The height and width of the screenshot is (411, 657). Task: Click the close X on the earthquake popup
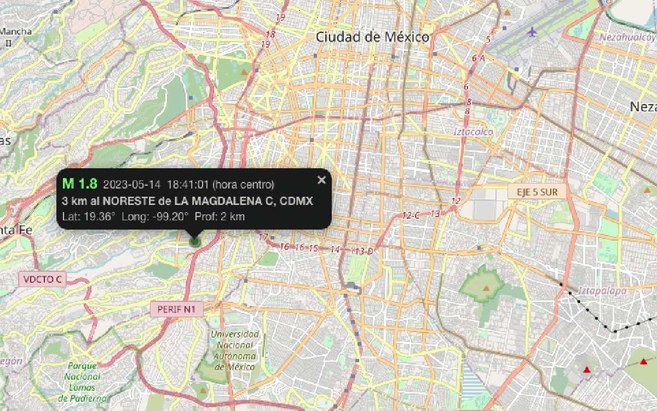(321, 180)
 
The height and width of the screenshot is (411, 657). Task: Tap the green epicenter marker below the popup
(194, 241)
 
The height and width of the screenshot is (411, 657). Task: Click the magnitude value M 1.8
(80, 184)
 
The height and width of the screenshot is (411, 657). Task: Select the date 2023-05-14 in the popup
(132, 185)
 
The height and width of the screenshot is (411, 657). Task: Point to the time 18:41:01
(188, 185)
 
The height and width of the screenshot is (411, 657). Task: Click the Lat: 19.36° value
(89, 216)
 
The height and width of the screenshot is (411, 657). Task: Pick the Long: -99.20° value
(155, 216)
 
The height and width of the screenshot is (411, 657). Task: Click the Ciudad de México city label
(372, 37)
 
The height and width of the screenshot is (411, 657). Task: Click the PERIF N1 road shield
(176, 310)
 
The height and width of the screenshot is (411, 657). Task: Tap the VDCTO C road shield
(43, 279)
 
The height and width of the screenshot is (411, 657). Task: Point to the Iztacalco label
(474, 132)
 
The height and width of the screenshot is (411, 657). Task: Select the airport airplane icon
(532, 31)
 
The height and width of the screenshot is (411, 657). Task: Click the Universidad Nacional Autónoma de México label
(234, 350)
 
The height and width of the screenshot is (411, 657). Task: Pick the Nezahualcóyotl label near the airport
(629, 37)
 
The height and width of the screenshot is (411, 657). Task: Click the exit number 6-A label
(478, 58)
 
